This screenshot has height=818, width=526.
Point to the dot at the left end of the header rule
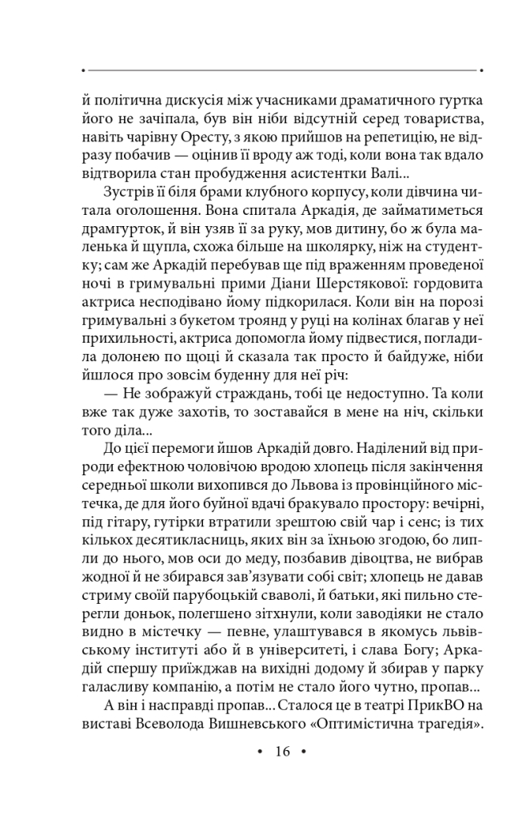pos(83,70)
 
